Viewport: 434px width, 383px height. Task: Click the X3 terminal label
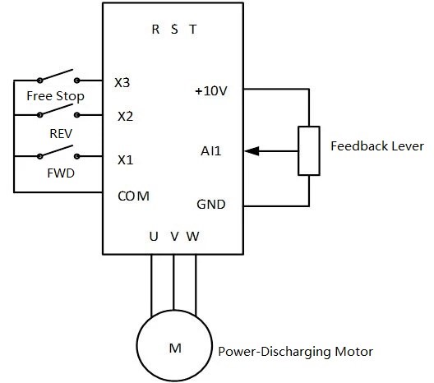[x=122, y=83]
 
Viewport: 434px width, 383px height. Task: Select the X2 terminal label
[x=124, y=116]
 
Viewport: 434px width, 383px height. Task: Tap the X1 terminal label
[x=124, y=159]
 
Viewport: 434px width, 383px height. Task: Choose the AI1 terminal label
[x=210, y=151]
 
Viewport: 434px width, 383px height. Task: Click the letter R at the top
[x=156, y=30]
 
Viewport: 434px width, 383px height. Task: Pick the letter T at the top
[x=192, y=30]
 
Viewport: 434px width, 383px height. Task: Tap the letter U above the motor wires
[x=153, y=237]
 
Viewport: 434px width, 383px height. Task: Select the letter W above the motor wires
[x=192, y=237]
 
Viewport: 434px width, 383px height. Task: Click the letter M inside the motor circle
[x=174, y=348]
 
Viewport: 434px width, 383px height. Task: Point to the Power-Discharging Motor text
[x=295, y=352]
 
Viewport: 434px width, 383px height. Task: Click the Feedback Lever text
[x=376, y=146]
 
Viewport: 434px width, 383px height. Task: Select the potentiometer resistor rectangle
[x=309, y=151]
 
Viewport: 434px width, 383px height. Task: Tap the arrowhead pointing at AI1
[x=251, y=151]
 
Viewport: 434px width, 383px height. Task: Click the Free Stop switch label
[x=55, y=96]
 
